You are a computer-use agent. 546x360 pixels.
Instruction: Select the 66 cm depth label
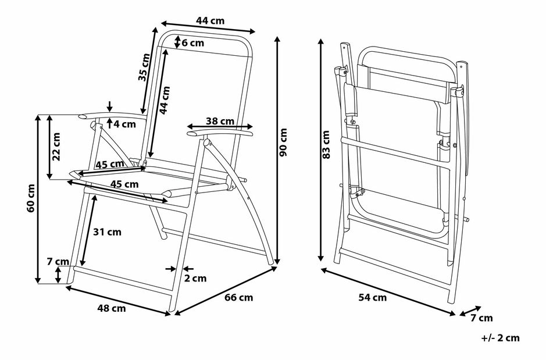(x=238, y=297)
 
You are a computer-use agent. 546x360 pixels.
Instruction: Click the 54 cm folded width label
(x=373, y=297)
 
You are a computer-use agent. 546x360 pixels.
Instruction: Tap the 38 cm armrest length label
(x=220, y=122)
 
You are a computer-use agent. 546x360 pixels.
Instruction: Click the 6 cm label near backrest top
(x=192, y=42)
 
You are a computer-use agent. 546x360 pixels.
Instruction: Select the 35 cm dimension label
(x=144, y=67)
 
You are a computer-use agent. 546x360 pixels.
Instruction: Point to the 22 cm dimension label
(x=57, y=147)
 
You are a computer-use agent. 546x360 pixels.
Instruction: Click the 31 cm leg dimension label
(x=107, y=231)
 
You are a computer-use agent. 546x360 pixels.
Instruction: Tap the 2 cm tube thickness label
(x=195, y=278)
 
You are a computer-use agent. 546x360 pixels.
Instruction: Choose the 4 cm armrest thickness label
(x=123, y=124)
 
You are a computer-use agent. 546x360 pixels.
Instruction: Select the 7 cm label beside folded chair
(x=481, y=318)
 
